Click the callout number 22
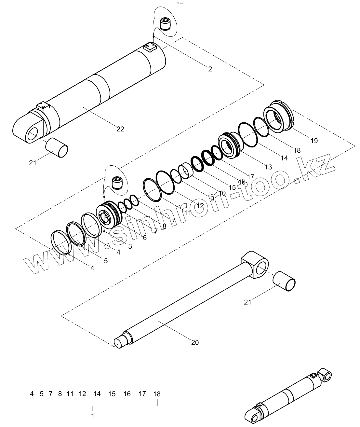[120, 129]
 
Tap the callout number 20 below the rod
[195, 342]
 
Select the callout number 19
[314, 141]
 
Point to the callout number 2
[210, 69]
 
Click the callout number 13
[268, 167]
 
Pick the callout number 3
[130, 246]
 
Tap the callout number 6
[145, 238]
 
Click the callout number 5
[106, 260]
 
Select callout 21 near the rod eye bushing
[248, 302]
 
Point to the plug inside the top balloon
[166, 24]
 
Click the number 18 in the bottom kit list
[157, 394]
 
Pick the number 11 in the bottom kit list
[70, 394]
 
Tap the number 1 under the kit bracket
[93, 416]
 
